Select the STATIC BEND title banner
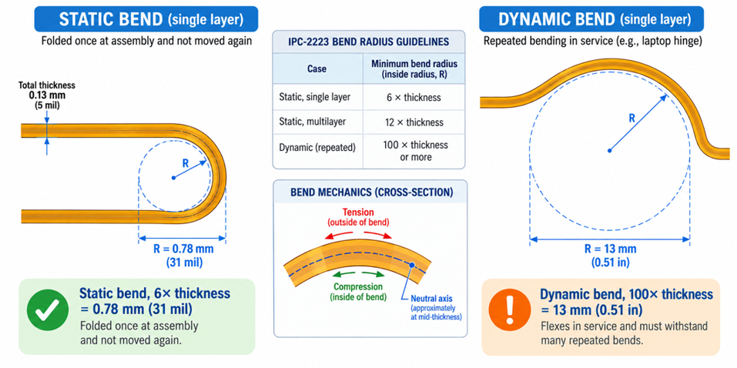point(146,18)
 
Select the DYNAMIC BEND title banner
point(591,18)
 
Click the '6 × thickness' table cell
point(414,97)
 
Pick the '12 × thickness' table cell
point(414,122)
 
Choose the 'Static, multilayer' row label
point(313,122)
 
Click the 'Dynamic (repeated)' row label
point(317,147)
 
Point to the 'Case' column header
point(317,69)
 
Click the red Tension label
point(359,216)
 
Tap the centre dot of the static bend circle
point(173,178)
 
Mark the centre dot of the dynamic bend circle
point(609,150)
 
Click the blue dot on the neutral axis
point(412,265)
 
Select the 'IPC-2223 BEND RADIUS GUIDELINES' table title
point(368,42)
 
